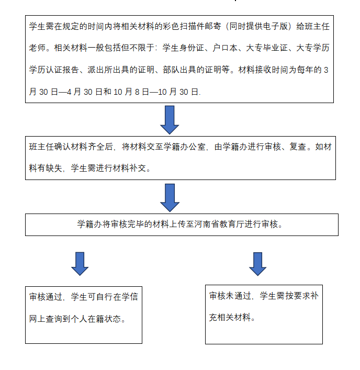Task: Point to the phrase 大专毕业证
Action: [266, 48]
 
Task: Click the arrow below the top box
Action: [170, 120]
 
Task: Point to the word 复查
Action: [298, 147]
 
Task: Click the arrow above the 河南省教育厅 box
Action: [170, 198]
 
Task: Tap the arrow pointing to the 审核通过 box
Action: [80, 264]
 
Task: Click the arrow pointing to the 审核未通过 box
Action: [258, 264]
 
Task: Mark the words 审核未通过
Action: [230, 296]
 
